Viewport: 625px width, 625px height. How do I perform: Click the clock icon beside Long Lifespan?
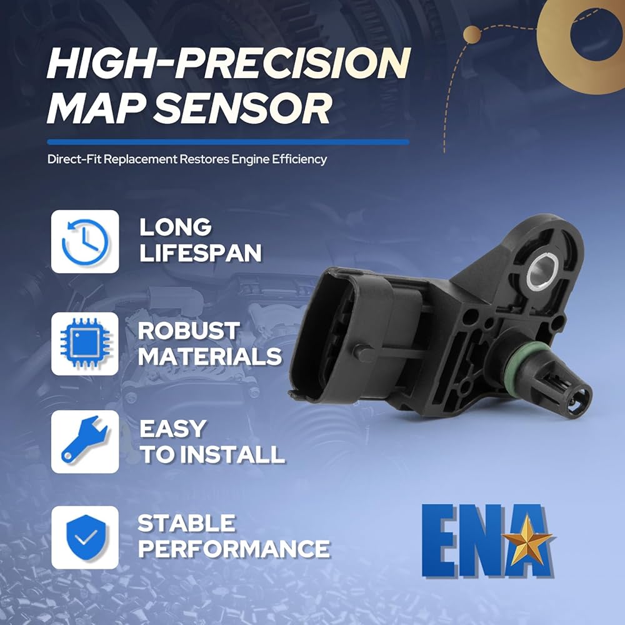(85, 241)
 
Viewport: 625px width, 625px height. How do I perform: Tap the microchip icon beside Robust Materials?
(85, 343)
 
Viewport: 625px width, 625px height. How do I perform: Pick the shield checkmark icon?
(86, 537)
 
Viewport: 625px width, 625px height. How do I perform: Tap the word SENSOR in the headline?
(242, 108)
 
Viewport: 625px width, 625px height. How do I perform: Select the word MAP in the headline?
(96, 108)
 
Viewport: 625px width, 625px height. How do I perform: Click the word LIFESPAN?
(201, 252)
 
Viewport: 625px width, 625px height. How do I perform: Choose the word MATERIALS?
(209, 356)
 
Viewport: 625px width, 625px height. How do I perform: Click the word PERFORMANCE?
(234, 549)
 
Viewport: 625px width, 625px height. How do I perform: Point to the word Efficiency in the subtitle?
(299, 159)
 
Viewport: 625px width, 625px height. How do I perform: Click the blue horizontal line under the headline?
(228, 142)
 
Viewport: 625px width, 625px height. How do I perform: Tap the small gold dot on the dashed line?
(472, 34)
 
